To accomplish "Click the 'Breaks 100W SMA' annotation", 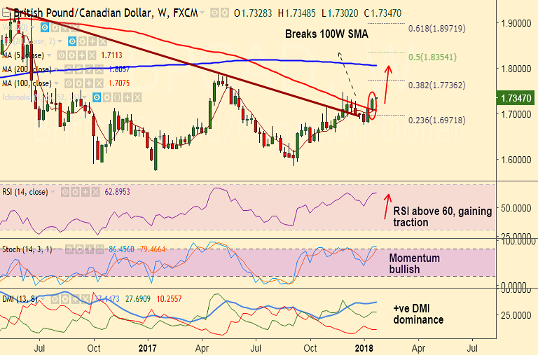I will [x=326, y=34].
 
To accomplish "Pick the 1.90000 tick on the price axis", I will [x=514, y=23].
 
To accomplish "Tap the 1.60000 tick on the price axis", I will [x=514, y=159].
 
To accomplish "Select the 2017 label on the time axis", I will [x=149, y=347].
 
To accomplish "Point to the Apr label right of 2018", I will [x=418, y=347].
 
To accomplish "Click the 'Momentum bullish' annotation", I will [x=415, y=263].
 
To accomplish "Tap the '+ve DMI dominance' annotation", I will [x=418, y=314].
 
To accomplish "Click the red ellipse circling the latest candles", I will [x=372, y=106].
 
